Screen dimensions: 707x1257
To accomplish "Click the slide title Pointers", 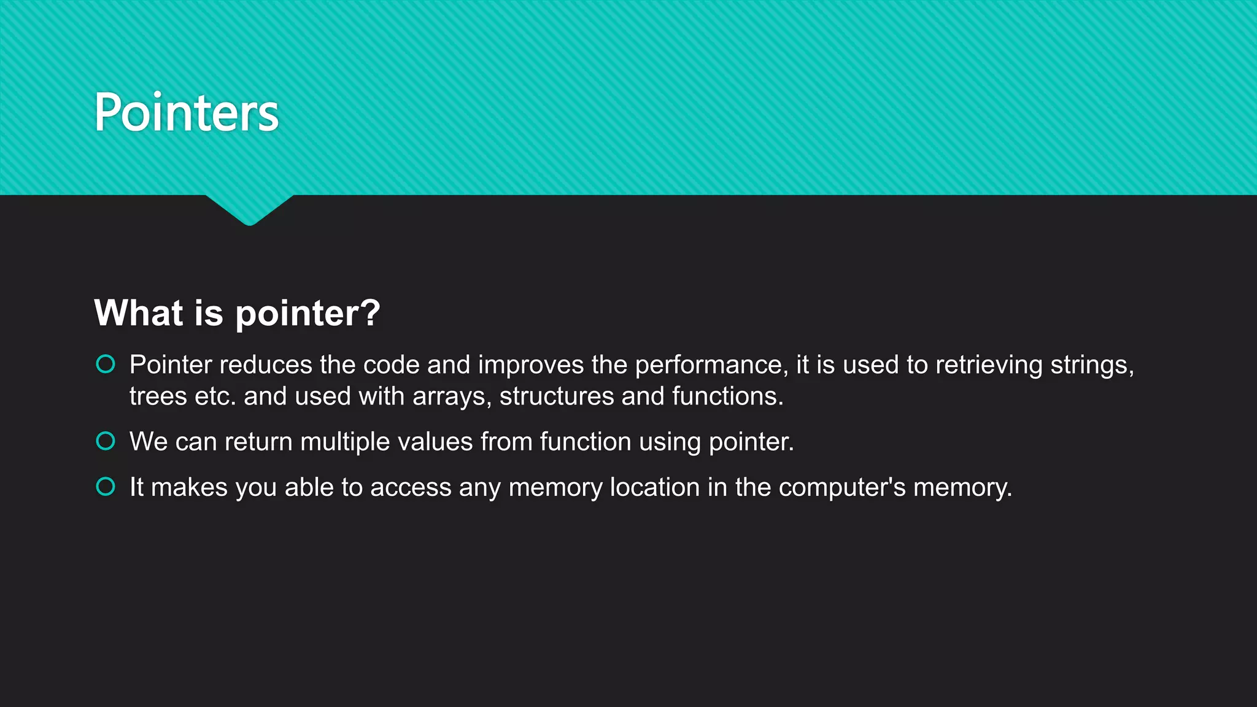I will pos(187,112).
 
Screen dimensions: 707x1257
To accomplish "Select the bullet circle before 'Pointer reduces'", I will pos(106,365).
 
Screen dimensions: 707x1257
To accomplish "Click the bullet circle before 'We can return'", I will pos(106,441).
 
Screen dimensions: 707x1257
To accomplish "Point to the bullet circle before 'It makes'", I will pos(106,487).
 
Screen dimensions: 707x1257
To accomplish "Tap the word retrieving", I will pos(989,365).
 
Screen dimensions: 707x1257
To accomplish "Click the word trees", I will pos(158,396).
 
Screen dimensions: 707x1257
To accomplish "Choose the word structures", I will pos(556,396).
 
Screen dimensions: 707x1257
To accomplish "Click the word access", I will pos(411,487).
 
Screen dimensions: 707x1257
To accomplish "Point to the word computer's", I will pos(841,488).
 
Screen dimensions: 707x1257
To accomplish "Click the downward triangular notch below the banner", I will pos(249,209).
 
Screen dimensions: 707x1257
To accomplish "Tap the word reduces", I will pos(266,365).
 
